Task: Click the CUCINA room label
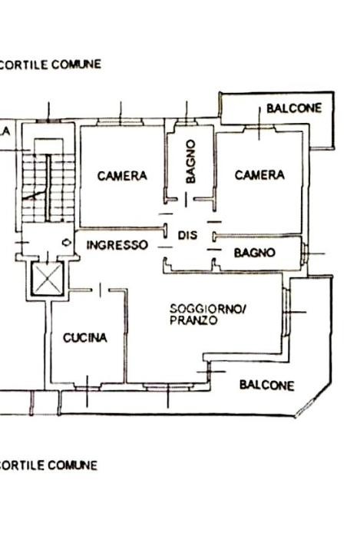[x=85, y=338]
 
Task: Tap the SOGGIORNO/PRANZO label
[x=207, y=314]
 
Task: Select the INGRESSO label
[x=117, y=245]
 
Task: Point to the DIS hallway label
[x=187, y=235]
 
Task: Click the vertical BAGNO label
[x=190, y=161]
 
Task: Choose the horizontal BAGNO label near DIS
[x=255, y=253]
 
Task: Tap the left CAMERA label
[x=122, y=176]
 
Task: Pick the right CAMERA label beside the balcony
[x=259, y=175]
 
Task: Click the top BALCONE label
[x=294, y=108]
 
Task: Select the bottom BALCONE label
[x=267, y=385]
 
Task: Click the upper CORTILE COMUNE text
[x=50, y=65]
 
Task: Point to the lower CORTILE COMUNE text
[x=48, y=465]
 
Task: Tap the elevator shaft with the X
[x=48, y=279]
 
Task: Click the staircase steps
[x=48, y=187]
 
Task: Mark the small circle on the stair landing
[x=67, y=243]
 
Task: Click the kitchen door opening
[x=100, y=290]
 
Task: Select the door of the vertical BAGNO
[x=186, y=200]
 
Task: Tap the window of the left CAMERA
[x=120, y=121]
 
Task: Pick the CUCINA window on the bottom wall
[x=87, y=386]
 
